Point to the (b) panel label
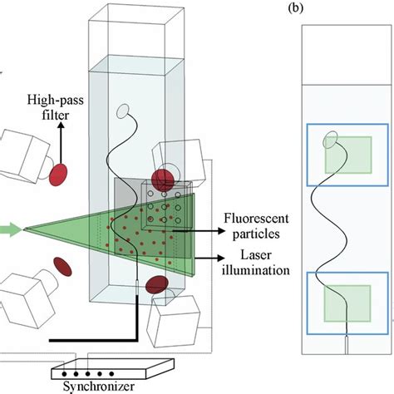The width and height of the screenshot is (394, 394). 297,11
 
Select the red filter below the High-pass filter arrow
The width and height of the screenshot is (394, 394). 59,175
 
